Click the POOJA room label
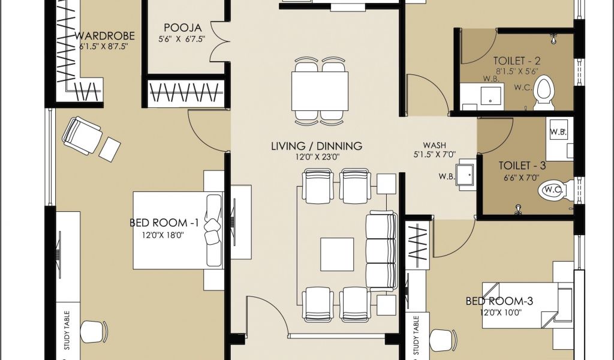(x=183, y=28)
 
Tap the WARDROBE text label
(x=104, y=36)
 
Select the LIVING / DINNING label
(x=317, y=146)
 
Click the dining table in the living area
(x=320, y=91)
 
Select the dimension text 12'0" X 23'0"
(x=317, y=157)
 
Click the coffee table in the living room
(x=337, y=254)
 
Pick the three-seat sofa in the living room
(x=381, y=250)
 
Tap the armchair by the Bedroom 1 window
(x=83, y=135)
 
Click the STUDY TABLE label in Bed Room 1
(x=67, y=330)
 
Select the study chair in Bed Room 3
(x=443, y=340)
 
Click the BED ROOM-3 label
(x=499, y=301)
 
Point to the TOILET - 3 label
(x=522, y=166)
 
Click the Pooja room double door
(x=219, y=42)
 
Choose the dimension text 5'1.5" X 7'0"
(x=435, y=155)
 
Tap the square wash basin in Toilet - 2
(x=490, y=96)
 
